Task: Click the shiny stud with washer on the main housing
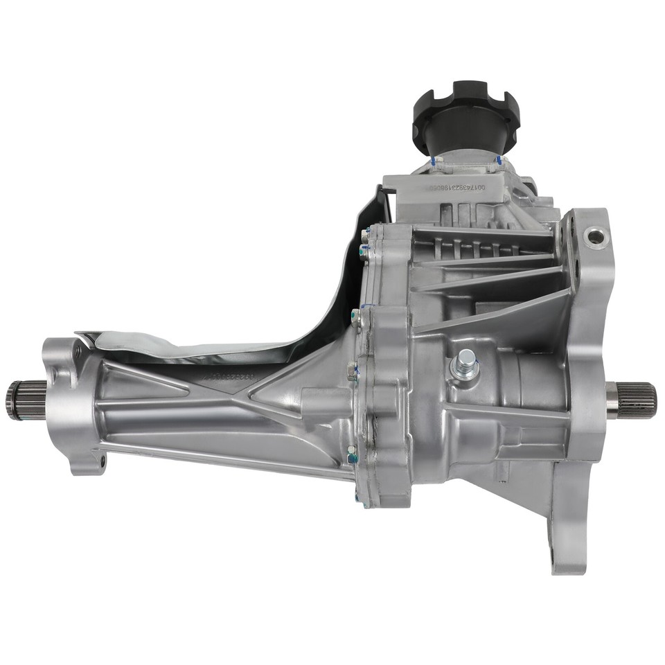465,362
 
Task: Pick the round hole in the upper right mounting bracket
594,238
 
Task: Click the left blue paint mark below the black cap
434,161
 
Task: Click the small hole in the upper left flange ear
71,357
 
